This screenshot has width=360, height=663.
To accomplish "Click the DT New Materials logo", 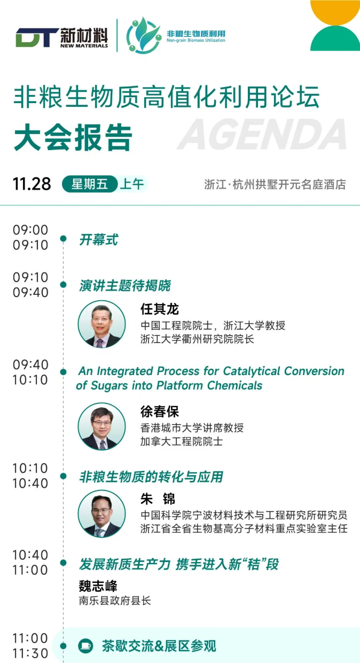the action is [x=62, y=37].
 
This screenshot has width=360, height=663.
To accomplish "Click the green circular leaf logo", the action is [x=144, y=35].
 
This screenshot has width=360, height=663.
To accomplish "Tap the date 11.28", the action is [x=32, y=184].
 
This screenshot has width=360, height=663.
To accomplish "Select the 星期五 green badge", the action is [x=90, y=184].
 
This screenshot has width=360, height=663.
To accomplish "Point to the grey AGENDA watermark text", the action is [x=262, y=134].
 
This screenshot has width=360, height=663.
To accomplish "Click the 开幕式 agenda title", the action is [x=98, y=239].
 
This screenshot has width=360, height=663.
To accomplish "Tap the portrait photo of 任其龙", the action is [x=101, y=324].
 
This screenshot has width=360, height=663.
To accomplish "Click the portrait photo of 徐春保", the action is [x=101, y=426].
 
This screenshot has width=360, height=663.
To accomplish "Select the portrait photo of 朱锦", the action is [x=101, y=513].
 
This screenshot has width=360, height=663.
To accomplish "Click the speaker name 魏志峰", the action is [x=98, y=586].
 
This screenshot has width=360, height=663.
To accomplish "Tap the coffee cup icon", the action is [x=85, y=645].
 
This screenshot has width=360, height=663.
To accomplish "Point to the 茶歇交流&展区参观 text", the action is [x=159, y=646].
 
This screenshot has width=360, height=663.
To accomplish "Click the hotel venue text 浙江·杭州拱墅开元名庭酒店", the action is [x=275, y=184].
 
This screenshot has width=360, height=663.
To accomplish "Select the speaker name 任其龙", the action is [x=160, y=309].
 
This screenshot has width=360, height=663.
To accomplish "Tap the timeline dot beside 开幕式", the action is [x=63, y=238].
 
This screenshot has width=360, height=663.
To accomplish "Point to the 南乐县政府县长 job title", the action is [x=115, y=600].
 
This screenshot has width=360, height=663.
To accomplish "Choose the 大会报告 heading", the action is [x=73, y=138].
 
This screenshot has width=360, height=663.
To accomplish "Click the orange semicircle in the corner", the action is [x=335, y=12].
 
